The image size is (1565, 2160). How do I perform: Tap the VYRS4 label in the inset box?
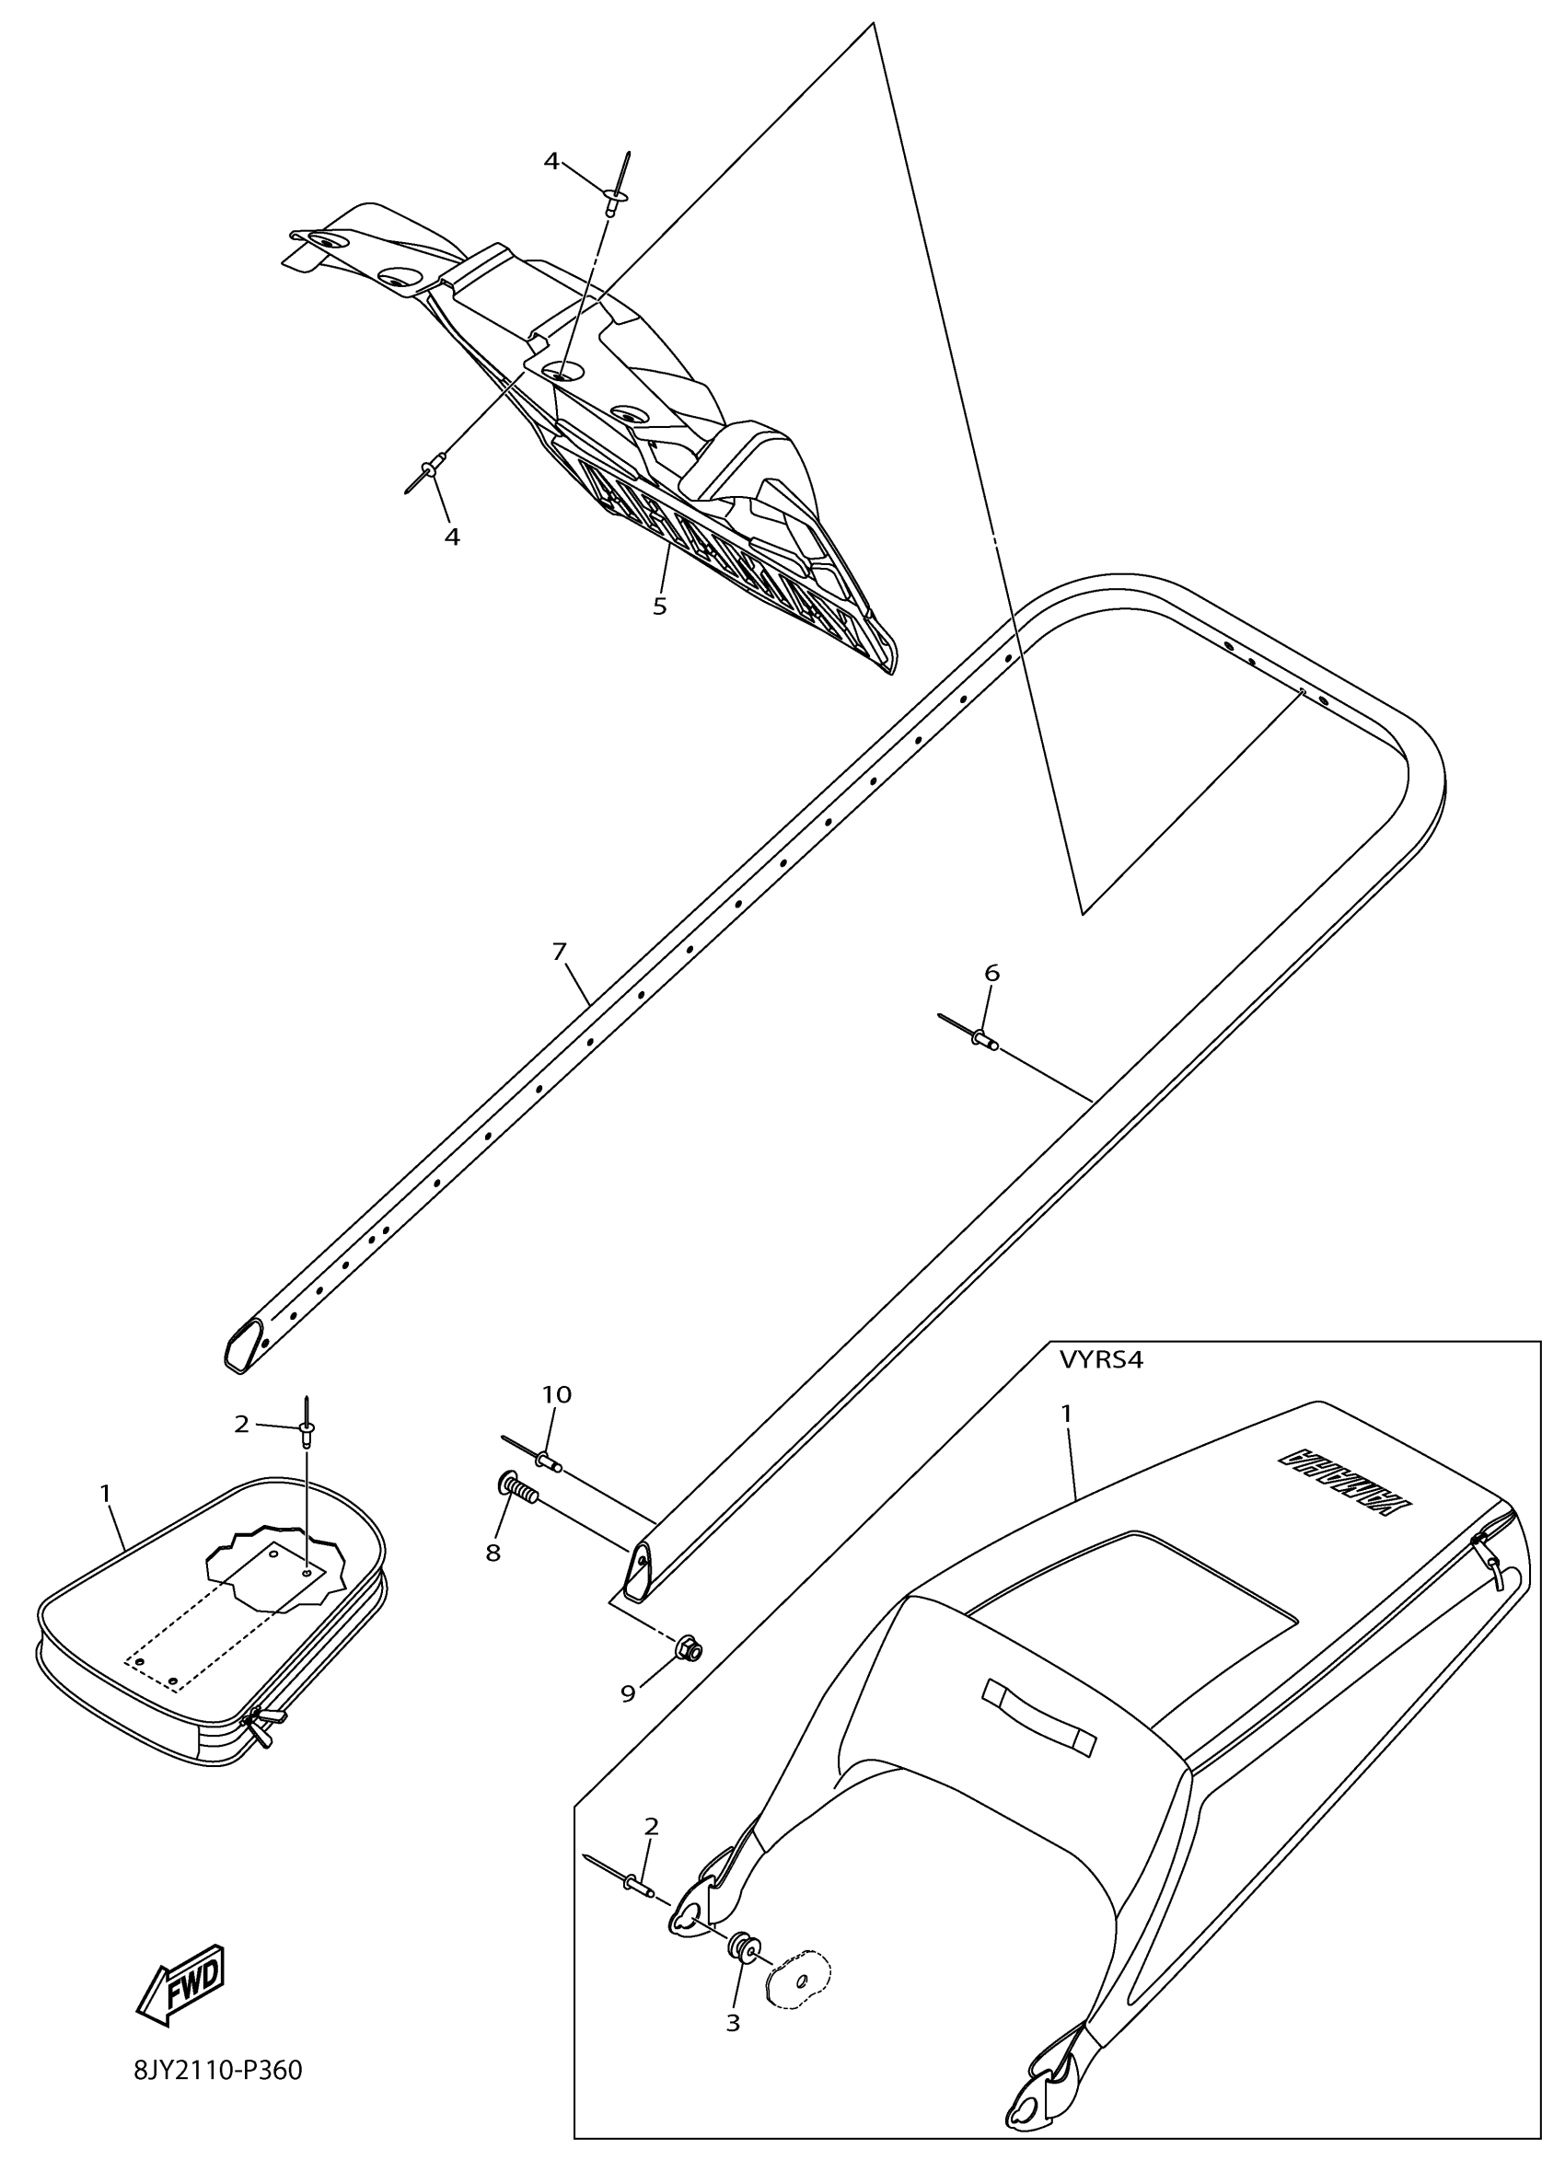(1100, 1360)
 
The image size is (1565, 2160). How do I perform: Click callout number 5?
(660, 606)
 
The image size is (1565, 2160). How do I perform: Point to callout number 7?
(559, 951)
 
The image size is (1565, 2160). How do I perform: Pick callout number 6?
(991, 973)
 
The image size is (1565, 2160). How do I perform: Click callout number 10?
(557, 1394)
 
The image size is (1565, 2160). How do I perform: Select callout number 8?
(493, 1554)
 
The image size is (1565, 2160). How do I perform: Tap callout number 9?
(628, 1694)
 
